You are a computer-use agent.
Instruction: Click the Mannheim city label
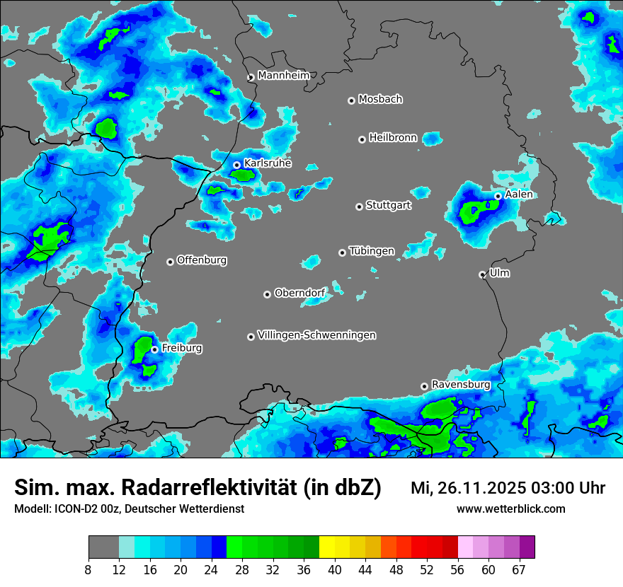(283, 75)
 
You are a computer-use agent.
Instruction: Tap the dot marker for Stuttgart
(359, 207)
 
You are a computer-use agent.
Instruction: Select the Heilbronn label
(393, 137)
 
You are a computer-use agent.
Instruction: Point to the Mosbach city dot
(351, 100)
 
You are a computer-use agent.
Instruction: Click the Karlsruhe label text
(268, 163)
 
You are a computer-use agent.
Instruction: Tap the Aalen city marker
(498, 196)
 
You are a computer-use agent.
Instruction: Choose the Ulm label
(500, 272)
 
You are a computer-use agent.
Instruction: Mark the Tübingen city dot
(343, 252)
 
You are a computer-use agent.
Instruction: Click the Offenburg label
(202, 260)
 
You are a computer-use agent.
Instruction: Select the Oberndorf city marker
(267, 294)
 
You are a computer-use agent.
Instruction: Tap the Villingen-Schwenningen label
(317, 335)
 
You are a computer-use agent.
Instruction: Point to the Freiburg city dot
(154, 349)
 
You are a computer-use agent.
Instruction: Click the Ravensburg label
(461, 384)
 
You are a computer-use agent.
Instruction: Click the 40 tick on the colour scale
(334, 570)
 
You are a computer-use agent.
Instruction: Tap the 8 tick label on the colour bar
(88, 570)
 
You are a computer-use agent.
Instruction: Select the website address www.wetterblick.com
(511, 508)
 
